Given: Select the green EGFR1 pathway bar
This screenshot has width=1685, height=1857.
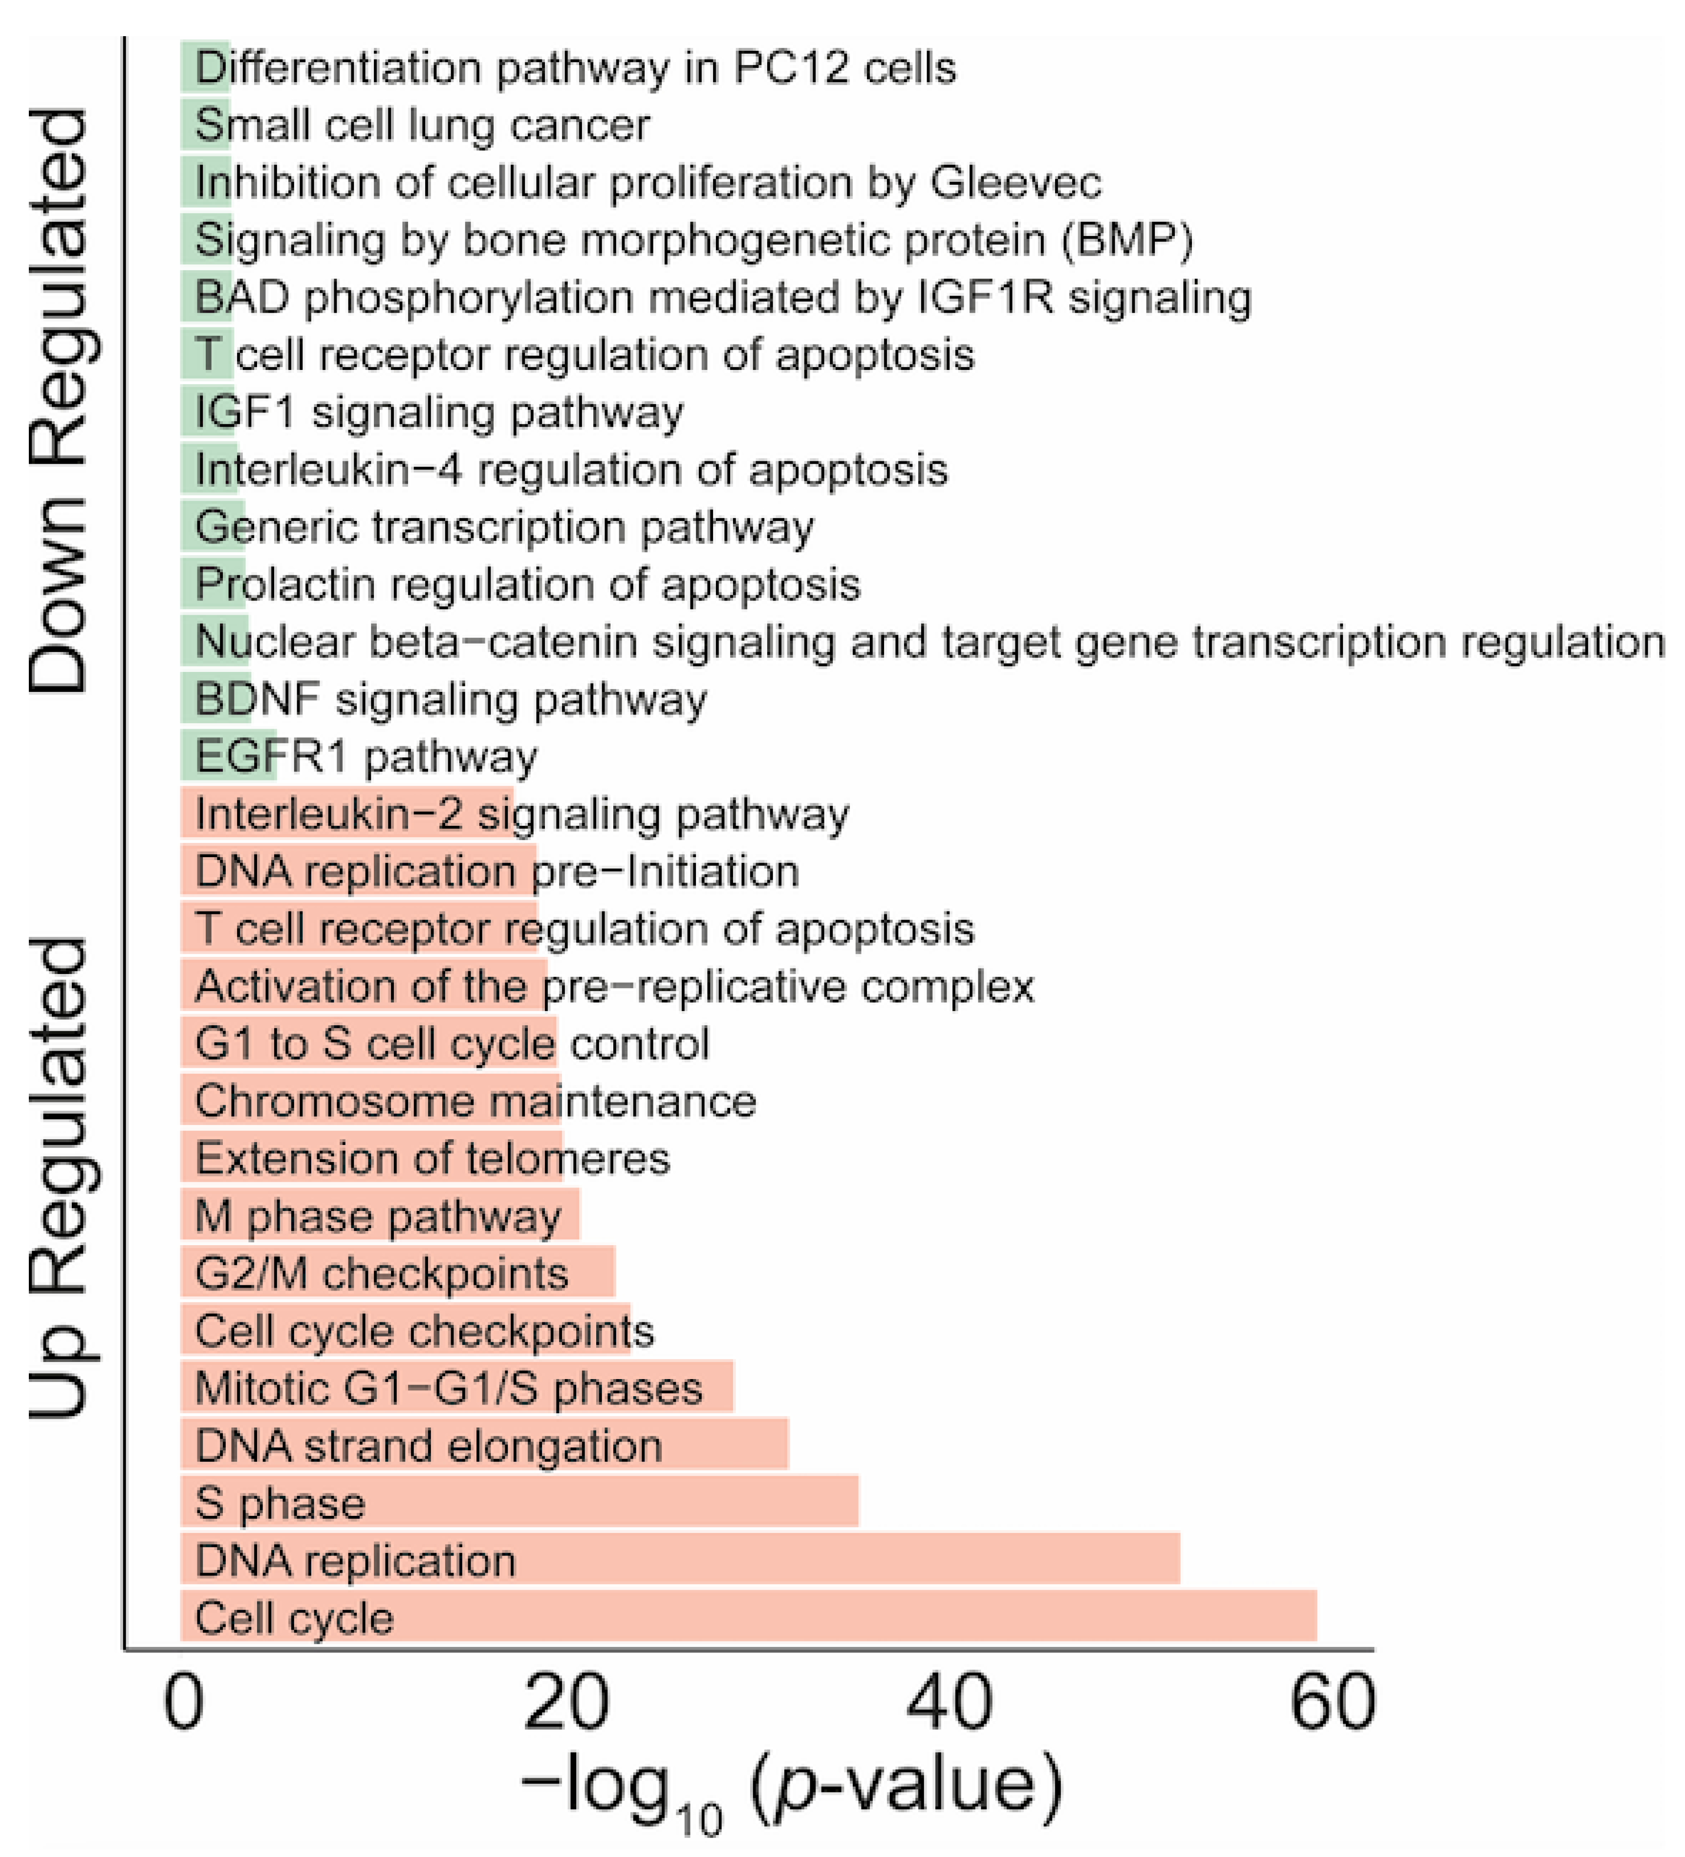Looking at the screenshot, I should pyautogui.click(x=229, y=756).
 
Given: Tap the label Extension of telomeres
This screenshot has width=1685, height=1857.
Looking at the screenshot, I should pyautogui.click(x=432, y=1158).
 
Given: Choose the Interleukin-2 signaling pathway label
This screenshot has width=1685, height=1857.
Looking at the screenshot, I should pyautogui.click(x=521, y=814).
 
